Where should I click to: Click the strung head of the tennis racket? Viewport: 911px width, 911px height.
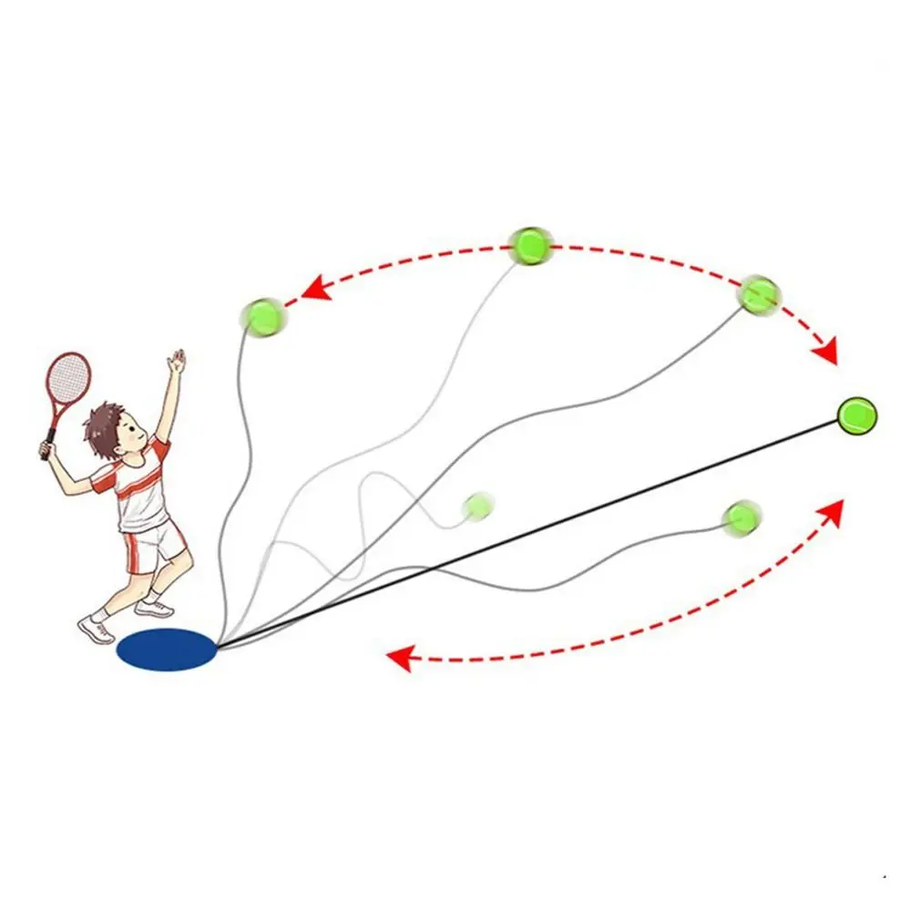click(69, 377)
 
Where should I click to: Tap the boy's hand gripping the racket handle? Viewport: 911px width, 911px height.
click(46, 450)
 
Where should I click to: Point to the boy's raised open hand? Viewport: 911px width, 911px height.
click(176, 362)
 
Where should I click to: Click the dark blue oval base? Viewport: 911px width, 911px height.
click(167, 650)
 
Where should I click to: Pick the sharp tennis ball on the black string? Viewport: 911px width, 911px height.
click(856, 415)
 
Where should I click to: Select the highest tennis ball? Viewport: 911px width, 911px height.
click(530, 245)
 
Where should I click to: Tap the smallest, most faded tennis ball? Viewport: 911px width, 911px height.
click(477, 506)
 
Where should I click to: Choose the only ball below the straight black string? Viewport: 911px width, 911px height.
click(741, 517)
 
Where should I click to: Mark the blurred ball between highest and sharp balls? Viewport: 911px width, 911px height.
click(758, 294)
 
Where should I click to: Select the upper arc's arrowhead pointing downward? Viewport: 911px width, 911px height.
click(827, 353)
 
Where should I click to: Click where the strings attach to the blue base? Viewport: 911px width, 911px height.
click(218, 647)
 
